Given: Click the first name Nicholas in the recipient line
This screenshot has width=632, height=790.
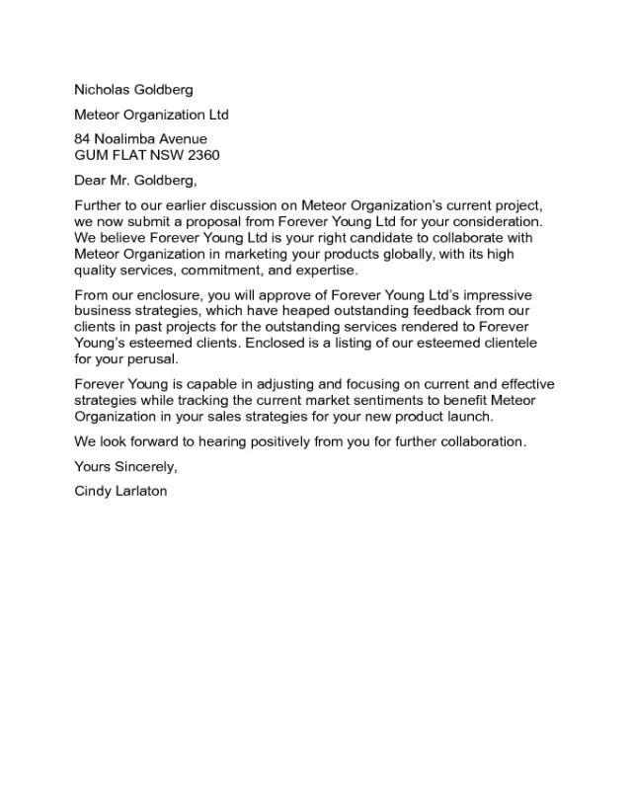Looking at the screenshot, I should pos(103,90).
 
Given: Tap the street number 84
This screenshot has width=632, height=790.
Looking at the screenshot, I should pos(84,139).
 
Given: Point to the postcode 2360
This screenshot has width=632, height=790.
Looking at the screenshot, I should pos(201,155).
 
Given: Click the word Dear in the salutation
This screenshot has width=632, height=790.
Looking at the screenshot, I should pos(91,180).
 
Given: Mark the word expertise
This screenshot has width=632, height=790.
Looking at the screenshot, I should pos(328,271).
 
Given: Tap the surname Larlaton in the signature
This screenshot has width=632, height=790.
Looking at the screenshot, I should pos(138,491).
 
